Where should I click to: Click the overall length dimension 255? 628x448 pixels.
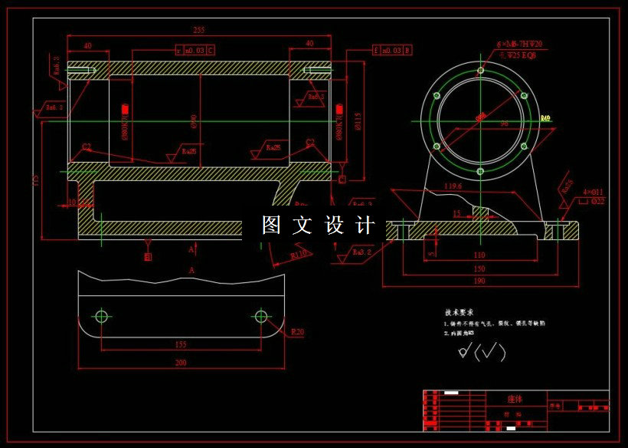[198, 30]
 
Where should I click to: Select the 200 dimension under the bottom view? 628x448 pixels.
[180, 363]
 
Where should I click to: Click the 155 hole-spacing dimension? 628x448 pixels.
[181, 345]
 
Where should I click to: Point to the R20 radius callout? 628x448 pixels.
[298, 332]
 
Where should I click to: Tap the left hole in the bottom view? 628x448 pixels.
[101, 315]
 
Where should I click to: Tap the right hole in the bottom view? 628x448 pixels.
[260, 315]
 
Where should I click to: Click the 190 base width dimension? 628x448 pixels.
[479, 281]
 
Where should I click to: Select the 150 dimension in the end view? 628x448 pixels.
[479, 268]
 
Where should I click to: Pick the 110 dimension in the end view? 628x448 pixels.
[479, 255]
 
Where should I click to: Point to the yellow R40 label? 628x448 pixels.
[545, 119]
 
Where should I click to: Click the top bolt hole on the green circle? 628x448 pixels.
[480, 71]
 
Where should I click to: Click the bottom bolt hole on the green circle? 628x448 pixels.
[480, 171]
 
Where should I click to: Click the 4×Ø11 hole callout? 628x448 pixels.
[593, 191]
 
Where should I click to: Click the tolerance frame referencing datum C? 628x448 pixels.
[195, 51]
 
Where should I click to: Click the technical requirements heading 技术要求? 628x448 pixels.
[460, 313]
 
